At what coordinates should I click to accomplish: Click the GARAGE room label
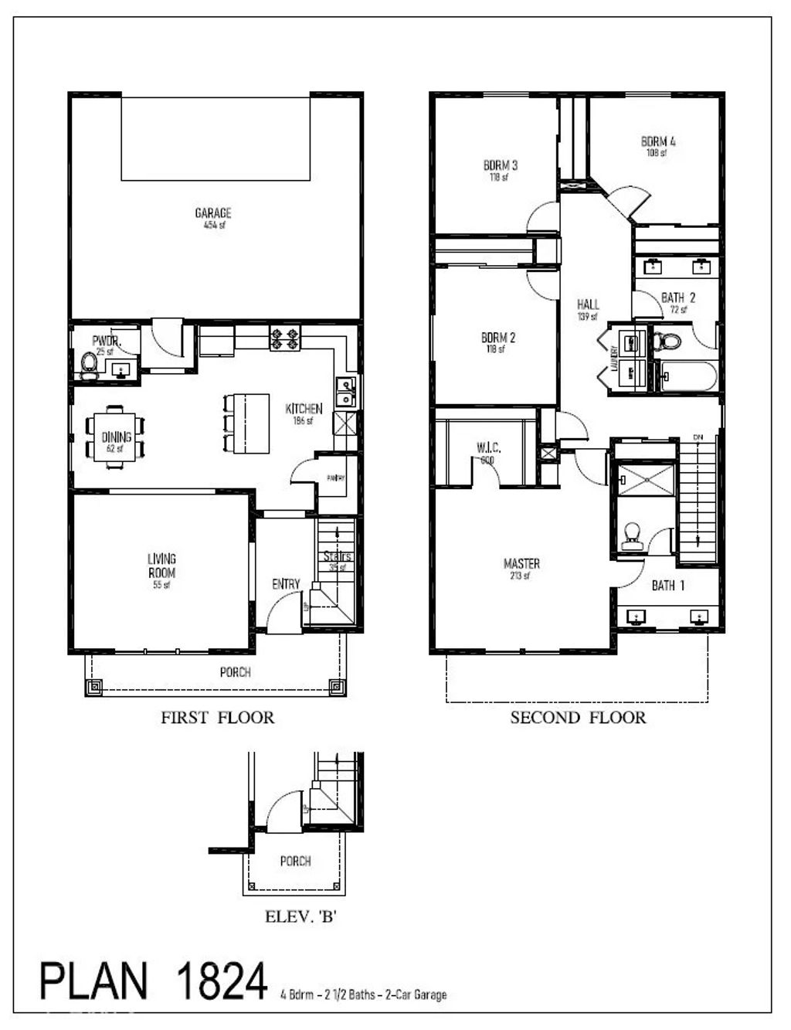[x=212, y=213]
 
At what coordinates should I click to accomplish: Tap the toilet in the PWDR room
[x=90, y=363]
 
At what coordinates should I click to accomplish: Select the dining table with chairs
[x=114, y=438]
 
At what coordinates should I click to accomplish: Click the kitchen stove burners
[x=283, y=338]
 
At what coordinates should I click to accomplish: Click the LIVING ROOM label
[x=161, y=566]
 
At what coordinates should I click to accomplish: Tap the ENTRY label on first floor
[x=286, y=584]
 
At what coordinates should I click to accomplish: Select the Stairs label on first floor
[x=337, y=556]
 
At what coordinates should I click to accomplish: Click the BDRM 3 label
[x=500, y=165]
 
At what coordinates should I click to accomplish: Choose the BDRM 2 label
[x=497, y=338]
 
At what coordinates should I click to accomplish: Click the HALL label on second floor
[x=587, y=304]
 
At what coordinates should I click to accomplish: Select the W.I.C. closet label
[x=488, y=447]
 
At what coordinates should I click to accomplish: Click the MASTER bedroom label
[x=521, y=563]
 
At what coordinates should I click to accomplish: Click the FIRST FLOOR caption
[x=217, y=717]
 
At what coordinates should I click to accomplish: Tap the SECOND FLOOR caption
[x=578, y=717]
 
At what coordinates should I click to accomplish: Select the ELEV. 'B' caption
[x=300, y=917]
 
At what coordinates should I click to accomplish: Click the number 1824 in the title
[x=222, y=981]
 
